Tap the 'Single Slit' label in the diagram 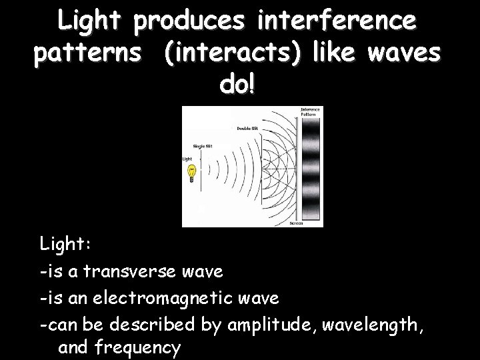pos(203,146)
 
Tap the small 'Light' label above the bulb pos(187,159)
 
